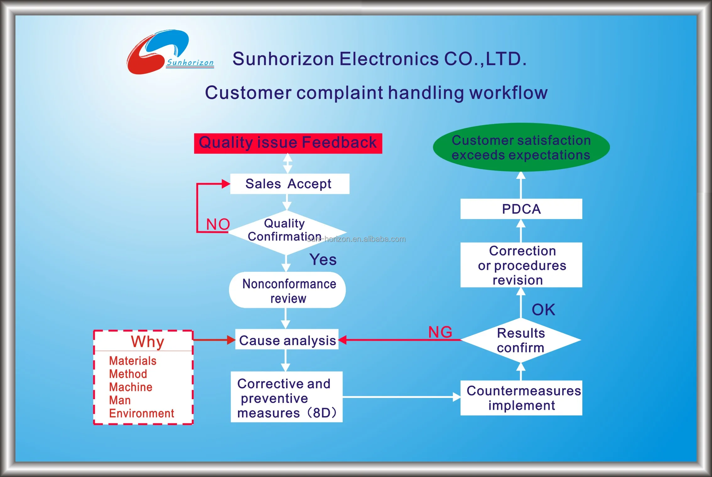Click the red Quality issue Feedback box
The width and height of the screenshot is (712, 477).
288,143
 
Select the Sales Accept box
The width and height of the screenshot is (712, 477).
289,184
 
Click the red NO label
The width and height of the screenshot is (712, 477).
218,224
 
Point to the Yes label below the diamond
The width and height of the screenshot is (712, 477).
323,260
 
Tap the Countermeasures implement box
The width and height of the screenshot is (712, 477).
521,398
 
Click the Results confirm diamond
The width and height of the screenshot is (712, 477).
521,340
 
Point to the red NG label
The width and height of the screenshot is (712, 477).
440,332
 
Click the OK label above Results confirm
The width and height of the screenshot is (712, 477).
543,310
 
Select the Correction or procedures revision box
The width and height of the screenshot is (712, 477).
521,265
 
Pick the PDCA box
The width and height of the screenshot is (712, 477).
521,209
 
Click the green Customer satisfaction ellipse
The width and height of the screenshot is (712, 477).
521,147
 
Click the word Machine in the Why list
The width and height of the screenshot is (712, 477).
131,387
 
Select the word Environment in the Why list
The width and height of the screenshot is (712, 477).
141,413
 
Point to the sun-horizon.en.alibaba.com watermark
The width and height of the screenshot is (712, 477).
357,239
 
